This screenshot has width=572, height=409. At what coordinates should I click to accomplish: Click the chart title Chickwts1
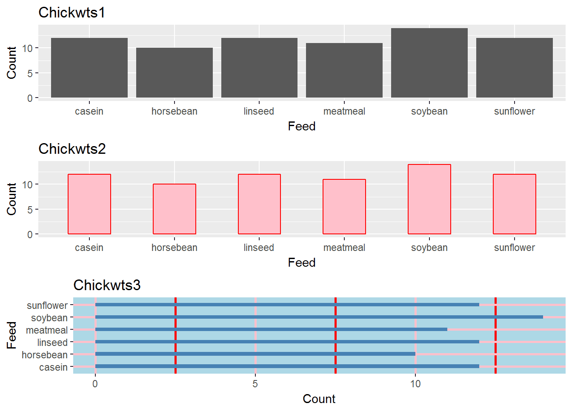(x=71, y=13)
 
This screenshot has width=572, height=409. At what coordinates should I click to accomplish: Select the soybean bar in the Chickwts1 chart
(x=429, y=63)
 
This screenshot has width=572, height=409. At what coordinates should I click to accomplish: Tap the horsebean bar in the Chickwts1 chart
(x=174, y=73)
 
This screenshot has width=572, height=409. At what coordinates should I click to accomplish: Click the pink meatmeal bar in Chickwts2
(x=344, y=207)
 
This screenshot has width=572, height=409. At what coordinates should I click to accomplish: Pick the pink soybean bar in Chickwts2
(x=429, y=199)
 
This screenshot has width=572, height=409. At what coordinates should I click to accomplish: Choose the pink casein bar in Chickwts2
(x=89, y=204)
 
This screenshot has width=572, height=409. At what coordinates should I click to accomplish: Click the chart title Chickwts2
(x=72, y=149)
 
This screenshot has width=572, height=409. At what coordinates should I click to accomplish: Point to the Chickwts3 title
(x=107, y=285)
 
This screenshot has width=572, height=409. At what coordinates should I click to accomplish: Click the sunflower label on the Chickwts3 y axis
(x=47, y=305)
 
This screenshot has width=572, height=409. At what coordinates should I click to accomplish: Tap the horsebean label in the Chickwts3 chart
(x=44, y=355)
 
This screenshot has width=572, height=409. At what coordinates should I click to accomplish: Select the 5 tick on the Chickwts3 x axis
(x=255, y=384)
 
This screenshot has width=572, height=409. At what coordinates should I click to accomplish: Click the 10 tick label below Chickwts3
(x=415, y=384)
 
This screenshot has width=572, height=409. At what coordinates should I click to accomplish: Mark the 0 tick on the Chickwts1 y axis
(x=30, y=98)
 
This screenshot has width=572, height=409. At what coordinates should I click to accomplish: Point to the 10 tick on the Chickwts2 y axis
(x=28, y=184)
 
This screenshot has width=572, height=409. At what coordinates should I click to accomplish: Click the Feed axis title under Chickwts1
(x=301, y=127)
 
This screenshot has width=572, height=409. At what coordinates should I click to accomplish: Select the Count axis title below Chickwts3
(x=319, y=399)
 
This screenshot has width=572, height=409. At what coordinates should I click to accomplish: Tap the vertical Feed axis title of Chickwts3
(x=11, y=335)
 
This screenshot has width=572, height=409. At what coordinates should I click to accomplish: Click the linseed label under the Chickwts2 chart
(x=259, y=248)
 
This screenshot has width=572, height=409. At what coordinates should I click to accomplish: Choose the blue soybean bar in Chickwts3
(x=319, y=317)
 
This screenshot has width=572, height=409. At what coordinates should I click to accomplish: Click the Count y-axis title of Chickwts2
(x=11, y=199)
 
